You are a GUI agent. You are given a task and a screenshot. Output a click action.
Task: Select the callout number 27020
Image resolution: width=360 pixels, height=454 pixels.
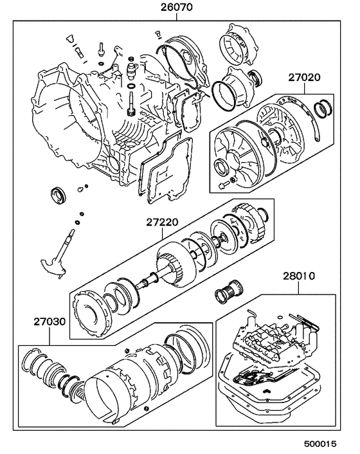[304, 77]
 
